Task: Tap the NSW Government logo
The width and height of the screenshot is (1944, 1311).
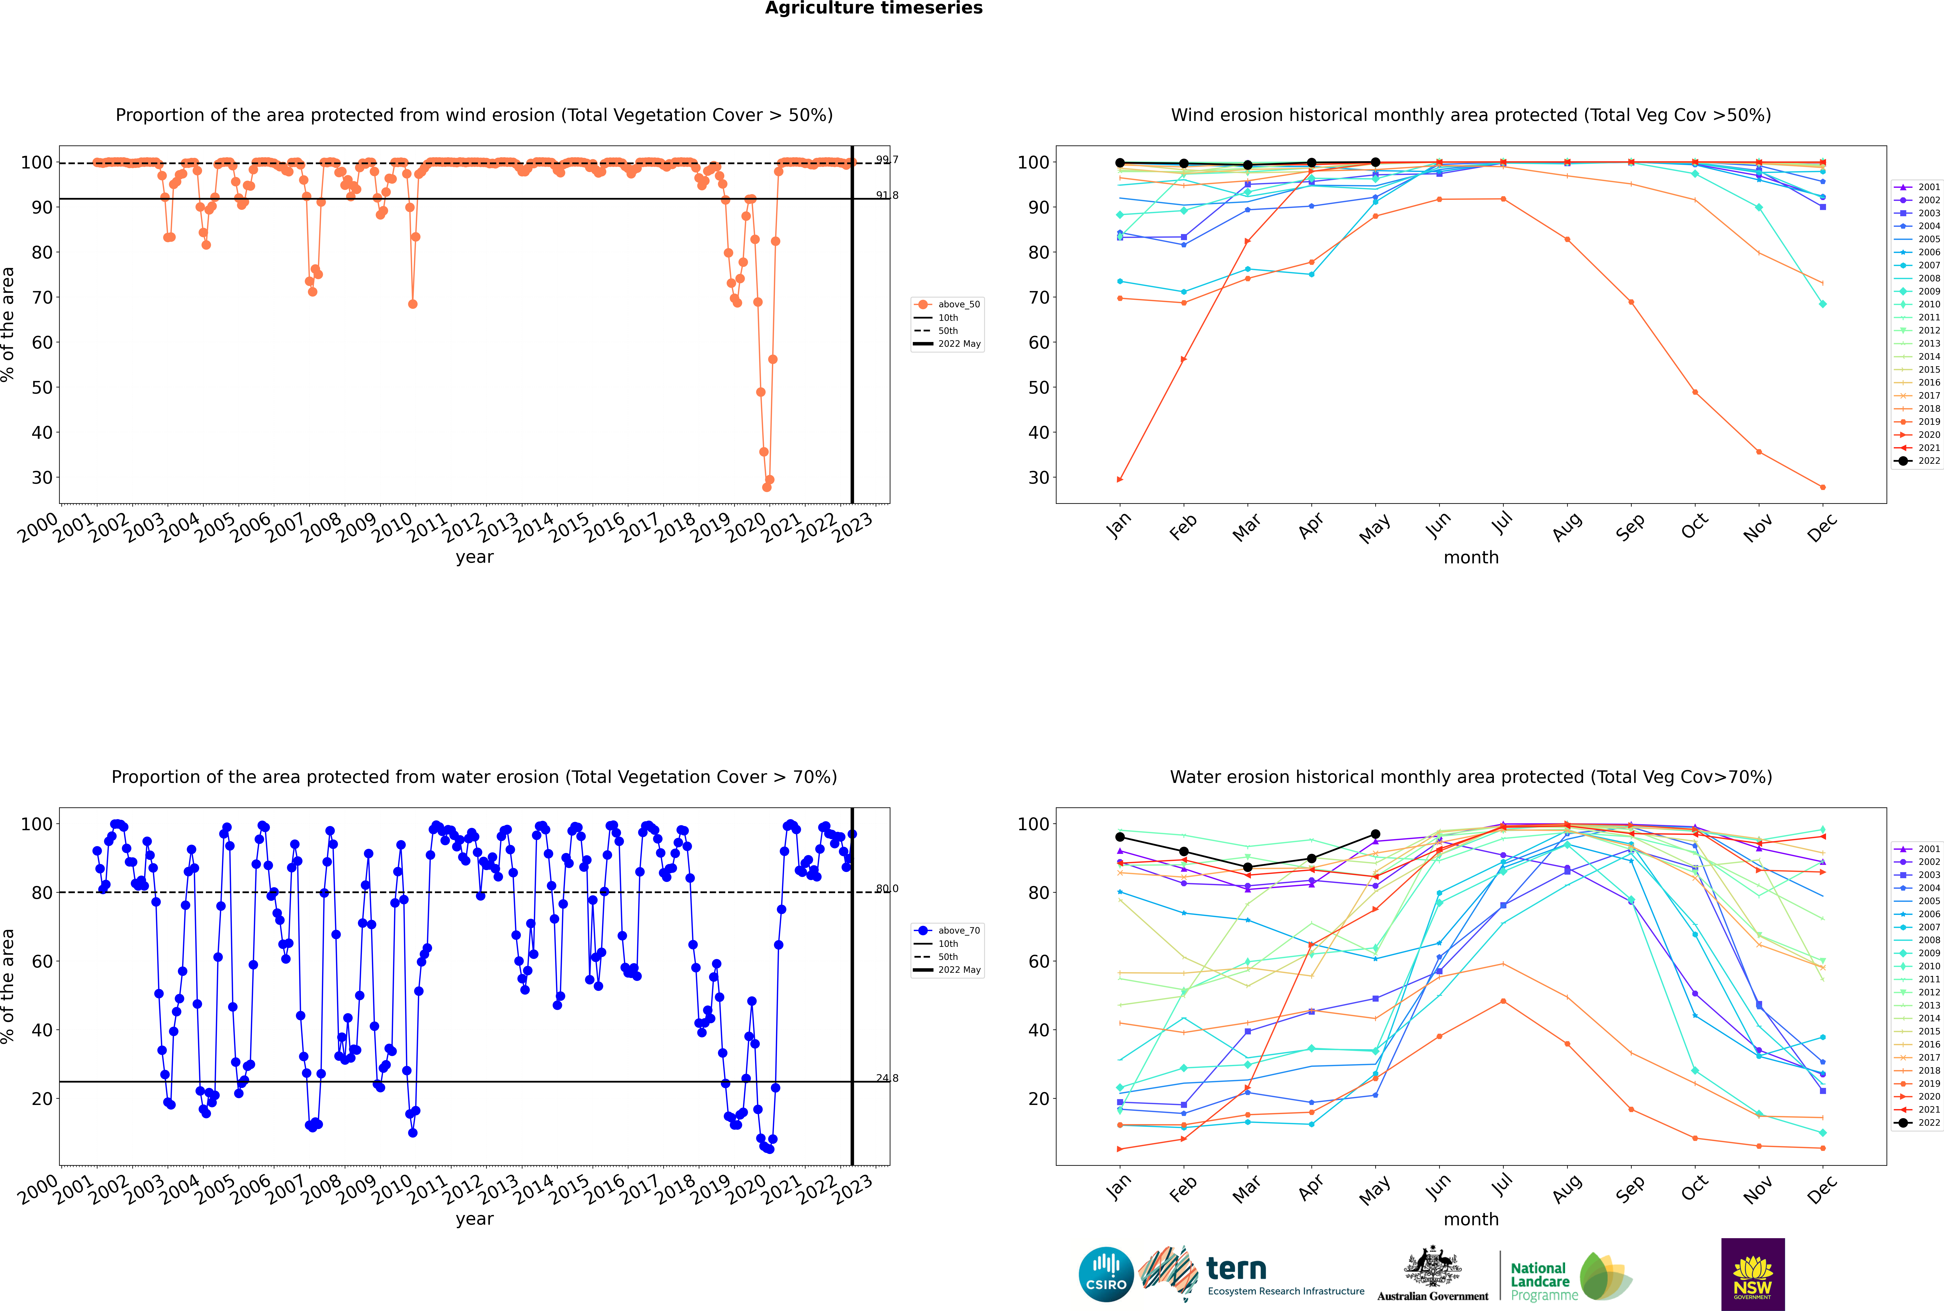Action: coord(1753,1273)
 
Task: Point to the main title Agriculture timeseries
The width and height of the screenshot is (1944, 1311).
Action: coord(873,8)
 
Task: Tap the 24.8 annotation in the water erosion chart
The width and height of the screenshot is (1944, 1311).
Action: coord(887,1078)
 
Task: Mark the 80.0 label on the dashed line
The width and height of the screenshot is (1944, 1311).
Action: coord(887,889)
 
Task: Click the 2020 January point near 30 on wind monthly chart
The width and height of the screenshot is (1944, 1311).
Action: coord(1120,479)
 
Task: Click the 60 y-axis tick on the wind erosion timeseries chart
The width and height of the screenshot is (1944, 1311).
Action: coord(42,343)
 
